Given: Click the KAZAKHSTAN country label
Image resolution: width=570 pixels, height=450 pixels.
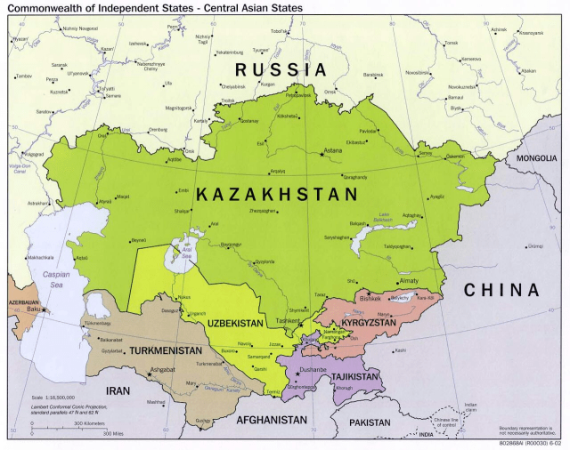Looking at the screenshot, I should tap(276, 193).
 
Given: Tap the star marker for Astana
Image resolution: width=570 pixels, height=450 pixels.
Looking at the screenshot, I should tap(322, 156).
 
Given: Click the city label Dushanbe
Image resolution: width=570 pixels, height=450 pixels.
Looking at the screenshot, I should tap(313, 369).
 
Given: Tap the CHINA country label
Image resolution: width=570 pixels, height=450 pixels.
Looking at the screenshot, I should tap(501, 291).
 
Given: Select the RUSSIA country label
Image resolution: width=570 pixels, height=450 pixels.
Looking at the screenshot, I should tap(280, 69).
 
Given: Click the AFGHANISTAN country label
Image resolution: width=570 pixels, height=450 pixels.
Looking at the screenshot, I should tap(272, 419).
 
